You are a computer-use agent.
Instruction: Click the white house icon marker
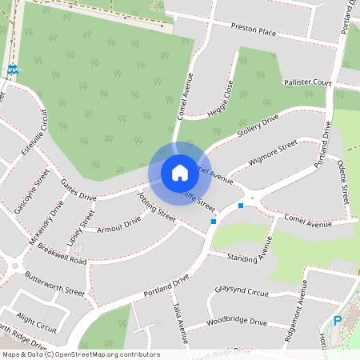[180, 172]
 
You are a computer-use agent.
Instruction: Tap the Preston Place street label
[253, 30]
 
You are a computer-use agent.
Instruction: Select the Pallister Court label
[307, 82]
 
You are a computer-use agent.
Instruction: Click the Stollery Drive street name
[258, 126]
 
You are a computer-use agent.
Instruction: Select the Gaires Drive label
[78, 190]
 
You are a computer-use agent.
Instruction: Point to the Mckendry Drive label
[46, 221]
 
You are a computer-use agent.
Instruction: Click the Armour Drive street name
[118, 223]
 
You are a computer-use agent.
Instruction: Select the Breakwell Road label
[62, 254]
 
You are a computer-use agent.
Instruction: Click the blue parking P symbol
[337, 320]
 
